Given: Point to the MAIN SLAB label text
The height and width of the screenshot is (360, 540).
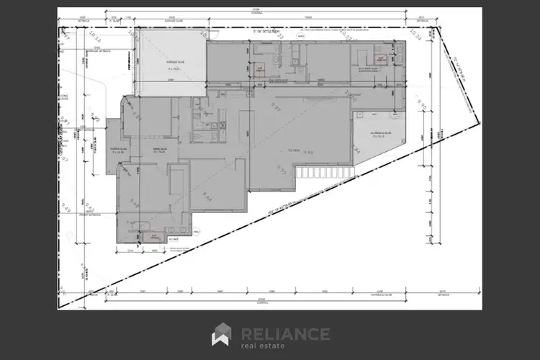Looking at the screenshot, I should pyautogui.click(x=158, y=150).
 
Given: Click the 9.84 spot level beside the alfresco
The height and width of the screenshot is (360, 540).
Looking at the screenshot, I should pyautogui.click(x=356, y=148).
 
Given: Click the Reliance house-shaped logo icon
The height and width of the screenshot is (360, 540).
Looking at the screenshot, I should pyautogui.click(x=221, y=336).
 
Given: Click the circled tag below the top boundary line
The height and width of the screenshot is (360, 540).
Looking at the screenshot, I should pyautogui.click(x=300, y=35).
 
